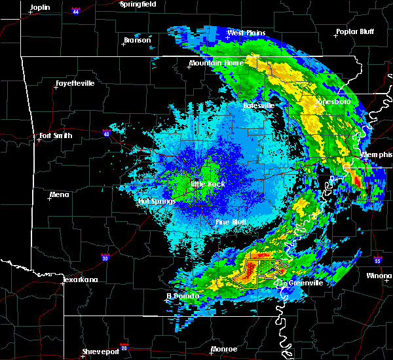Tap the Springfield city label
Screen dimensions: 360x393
pyautogui.click(x=138, y=4)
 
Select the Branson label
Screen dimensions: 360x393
pyautogui.click(x=137, y=41)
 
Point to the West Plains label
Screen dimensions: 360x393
pyautogui.click(x=244, y=33)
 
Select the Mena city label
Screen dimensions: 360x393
pyautogui.click(x=60, y=194)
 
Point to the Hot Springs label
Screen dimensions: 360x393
pyautogui.click(x=157, y=201)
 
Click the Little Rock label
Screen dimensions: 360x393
pyautogui.click(x=207, y=184)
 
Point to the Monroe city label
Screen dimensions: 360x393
pyautogui.click(x=224, y=349)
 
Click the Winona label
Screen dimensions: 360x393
pyautogui.click(x=379, y=276)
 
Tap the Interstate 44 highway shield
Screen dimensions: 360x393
pyautogui.click(x=76, y=11)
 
